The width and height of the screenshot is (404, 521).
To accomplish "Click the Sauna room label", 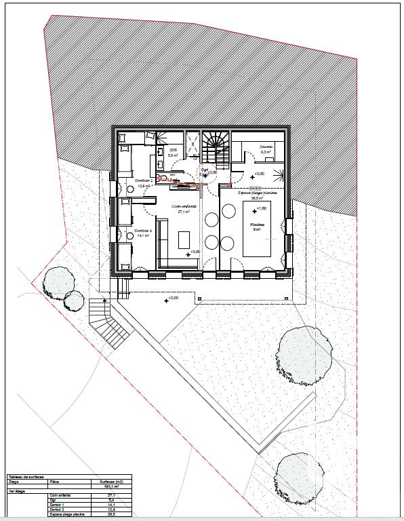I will [x=265, y=147].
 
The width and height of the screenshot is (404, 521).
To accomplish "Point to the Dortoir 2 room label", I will [x=144, y=181].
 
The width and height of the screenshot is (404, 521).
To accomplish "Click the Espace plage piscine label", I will [x=258, y=193].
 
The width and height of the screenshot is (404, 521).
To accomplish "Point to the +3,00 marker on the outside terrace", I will [x=170, y=298].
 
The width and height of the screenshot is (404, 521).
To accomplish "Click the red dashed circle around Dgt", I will [x=205, y=172].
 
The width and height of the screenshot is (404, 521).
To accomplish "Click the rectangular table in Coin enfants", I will [x=183, y=240].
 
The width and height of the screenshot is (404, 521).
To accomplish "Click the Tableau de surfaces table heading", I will [x=26, y=477].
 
